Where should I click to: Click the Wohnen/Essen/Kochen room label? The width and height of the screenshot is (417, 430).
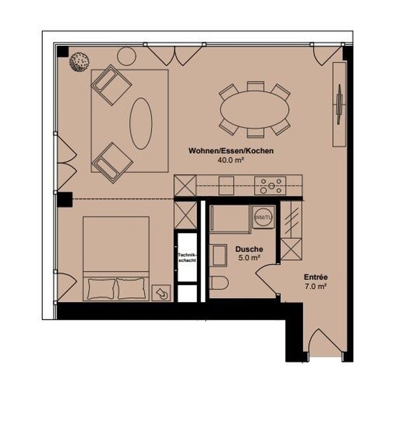tap(231, 151)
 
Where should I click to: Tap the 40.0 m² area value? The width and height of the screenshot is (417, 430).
tap(231, 160)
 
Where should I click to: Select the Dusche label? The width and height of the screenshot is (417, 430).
tap(249, 249)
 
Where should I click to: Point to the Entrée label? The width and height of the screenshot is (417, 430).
tap(315, 277)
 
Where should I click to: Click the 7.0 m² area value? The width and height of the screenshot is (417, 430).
tap(315, 286)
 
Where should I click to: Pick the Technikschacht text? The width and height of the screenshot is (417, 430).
tap(187, 257)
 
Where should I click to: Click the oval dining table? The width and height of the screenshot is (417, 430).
tap(254, 109)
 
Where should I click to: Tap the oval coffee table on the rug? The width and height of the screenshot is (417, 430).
tap(141, 124)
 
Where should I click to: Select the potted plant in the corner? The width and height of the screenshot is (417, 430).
tap(80, 62)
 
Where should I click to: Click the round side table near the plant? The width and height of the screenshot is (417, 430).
tap(127, 56)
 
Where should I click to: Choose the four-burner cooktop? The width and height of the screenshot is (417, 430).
tap(270, 186)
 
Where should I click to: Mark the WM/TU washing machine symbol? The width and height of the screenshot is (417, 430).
tap(263, 217)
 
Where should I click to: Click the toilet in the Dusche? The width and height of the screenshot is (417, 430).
tap(218, 283)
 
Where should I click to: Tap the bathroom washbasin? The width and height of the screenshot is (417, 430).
tap(218, 255)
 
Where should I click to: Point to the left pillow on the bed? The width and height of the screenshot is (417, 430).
tap(101, 289)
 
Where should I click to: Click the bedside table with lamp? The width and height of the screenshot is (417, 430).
tap(161, 292)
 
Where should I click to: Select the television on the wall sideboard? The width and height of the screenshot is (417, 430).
tap(340, 104)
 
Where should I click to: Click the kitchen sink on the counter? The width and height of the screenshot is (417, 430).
tap(226, 186)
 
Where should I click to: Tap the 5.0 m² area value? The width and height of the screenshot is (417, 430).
tap(249, 258)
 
